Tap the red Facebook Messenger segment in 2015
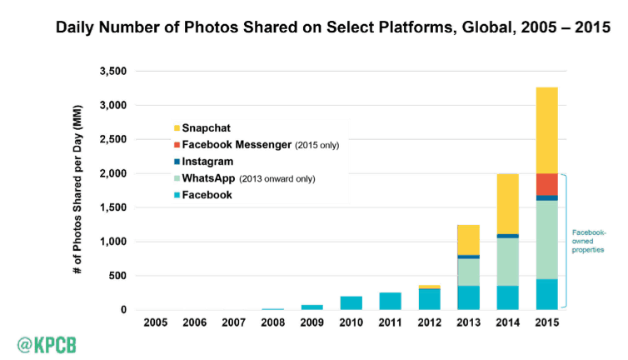(x=546, y=184)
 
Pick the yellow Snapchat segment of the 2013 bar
(x=468, y=240)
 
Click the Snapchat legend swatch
(x=177, y=128)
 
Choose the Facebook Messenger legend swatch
(x=177, y=145)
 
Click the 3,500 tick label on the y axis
(x=111, y=72)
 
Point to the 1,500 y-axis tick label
(x=111, y=207)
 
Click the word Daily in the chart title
(x=78, y=27)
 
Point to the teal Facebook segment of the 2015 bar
(x=546, y=294)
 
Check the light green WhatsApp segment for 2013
(x=468, y=272)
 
